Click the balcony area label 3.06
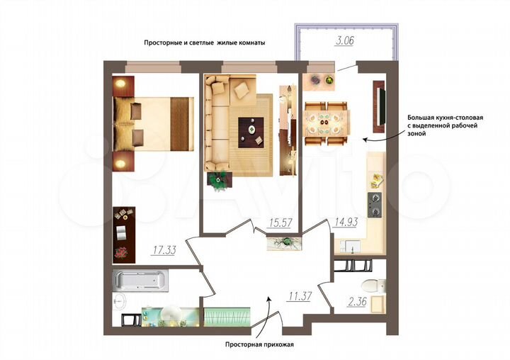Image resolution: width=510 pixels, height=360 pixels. pos(346,40)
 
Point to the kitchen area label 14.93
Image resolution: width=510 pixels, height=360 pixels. pos(345,223)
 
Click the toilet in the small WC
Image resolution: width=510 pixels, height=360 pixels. pos(370,287)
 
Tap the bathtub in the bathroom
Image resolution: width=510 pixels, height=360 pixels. pos(142,281)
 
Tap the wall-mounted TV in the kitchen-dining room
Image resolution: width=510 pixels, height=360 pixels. pos(381,108)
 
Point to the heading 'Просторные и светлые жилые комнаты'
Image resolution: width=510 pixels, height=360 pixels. pos(204,43)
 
